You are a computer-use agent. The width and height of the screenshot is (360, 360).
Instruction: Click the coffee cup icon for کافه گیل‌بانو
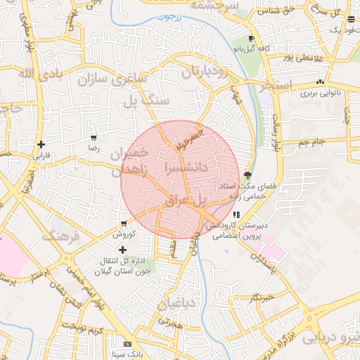click(x=251, y=39)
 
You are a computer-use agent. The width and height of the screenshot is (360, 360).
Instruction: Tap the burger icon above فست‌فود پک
click(x=351, y=19)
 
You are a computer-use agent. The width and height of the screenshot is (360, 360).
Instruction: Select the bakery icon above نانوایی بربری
click(x=321, y=82)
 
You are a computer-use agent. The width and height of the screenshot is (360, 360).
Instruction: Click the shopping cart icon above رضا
click(x=93, y=138)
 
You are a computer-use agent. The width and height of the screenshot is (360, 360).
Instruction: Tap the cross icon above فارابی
click(x=41, y=144)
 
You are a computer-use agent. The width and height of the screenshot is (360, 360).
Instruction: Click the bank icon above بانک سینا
click(x=127, y=344)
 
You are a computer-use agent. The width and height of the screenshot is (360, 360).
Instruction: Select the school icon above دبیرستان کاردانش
click(x=236, y=214)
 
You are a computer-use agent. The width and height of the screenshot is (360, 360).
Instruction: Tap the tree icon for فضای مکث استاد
click(x=247, y=175)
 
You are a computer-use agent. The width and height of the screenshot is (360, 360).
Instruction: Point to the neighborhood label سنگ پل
click(x=146, y=101)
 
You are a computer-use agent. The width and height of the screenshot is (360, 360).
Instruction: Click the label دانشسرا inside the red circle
click(x=184, y=167)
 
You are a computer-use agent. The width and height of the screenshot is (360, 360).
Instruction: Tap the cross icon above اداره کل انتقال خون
click(x=123, y=250)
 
